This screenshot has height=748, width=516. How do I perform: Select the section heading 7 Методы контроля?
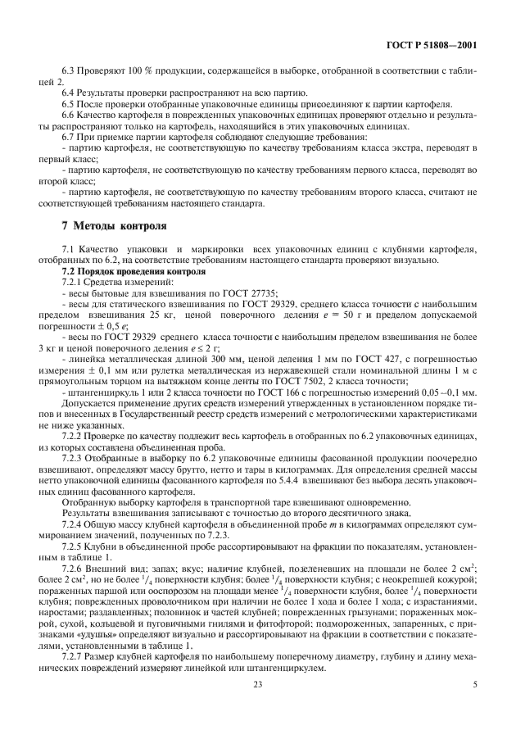(114, 225)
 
